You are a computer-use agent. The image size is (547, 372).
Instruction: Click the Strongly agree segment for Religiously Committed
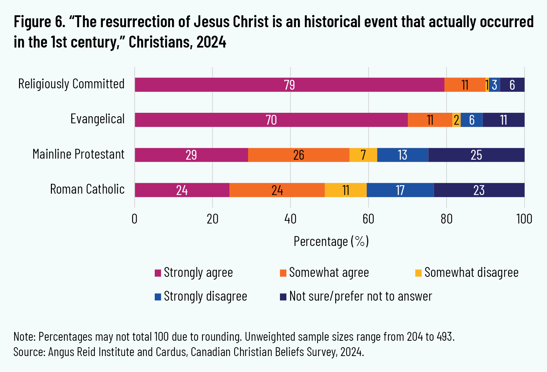tap(289, 85)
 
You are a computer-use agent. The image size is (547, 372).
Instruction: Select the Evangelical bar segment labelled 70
tap(271, 120)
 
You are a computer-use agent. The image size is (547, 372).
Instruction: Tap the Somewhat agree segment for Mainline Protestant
tap(299, 155)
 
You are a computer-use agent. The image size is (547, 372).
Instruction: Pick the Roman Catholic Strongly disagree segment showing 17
tap(400, 190)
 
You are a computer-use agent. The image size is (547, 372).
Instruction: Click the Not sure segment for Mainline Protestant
tap(476, 155)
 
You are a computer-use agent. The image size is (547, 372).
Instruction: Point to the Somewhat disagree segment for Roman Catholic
tap(345, 190)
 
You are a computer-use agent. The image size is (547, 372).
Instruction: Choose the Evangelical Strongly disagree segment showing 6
tap(471, 120)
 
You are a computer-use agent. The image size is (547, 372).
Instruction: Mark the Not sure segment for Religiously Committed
tap(512, 85)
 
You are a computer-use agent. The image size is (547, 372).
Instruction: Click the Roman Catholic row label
tap(87, 189)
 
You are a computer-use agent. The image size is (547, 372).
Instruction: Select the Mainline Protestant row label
tap(78, 154)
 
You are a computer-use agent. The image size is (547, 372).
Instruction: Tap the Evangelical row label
tap(97, 119)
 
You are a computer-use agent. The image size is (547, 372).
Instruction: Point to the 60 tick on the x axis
tap(368, 219)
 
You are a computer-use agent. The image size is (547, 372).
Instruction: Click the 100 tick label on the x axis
tap(524, 219)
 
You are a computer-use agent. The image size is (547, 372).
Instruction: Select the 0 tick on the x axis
tap(135, 219)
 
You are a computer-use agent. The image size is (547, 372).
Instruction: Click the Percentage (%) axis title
tap(331, 241)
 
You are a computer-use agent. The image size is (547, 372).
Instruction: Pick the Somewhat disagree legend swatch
tap(418, 273)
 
